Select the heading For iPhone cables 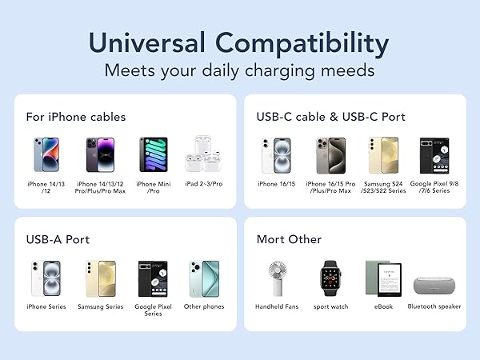(x=76, y=117)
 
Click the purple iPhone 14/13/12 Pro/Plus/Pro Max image (x=102, y=155)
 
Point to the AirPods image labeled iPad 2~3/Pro (x=203, y=155)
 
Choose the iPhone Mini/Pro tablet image (x=153, y=155)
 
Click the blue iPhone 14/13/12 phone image (x=46, y=155)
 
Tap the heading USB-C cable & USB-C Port (x=331, y=117)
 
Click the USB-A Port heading (x=58, y=239)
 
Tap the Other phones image (x=203, y=278)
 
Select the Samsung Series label (x=100, y=306)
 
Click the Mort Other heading (x=289, y=239)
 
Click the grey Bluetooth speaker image (x=434, y=284)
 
